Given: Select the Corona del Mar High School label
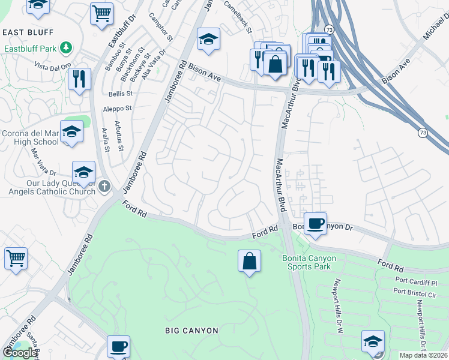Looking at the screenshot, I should [x=30, y=137].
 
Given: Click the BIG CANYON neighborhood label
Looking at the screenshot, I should [x=192, y=331].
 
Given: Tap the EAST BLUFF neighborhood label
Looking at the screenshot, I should [x=28, y=32].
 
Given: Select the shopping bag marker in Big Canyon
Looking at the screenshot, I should [x=249, y=262].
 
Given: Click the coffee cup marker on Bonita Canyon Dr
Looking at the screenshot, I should [x=315, y=224].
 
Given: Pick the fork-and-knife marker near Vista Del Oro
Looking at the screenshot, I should [x=79, y=79].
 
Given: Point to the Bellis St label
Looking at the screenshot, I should [x=120, y=94].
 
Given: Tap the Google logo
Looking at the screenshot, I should [x=20, y=353].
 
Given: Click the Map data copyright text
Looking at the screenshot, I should [x=423, y=355].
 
